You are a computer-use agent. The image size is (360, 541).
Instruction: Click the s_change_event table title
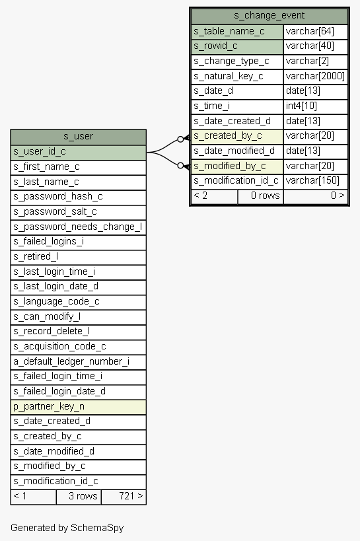[x=270, y=16]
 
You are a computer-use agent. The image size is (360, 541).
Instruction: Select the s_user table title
[x=79, y=136]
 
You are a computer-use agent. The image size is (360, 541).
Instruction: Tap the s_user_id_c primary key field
[x=79, y=152]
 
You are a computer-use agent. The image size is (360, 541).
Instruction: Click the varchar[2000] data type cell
[x=315, y=76]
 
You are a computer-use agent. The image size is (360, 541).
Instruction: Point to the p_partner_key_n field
[x=79, y=407]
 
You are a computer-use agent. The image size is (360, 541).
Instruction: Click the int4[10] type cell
[x=315, y=106]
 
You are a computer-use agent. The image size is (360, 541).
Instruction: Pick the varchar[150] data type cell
[x=315, y=181]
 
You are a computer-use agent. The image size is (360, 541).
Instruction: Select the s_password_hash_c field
[x=79, y=197]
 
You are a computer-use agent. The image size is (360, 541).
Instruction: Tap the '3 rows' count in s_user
[x=83, y=496]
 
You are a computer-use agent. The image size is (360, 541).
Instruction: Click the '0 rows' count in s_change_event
[x=265, y=196]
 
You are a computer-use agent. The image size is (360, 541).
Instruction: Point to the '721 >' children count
[x=131, y=496]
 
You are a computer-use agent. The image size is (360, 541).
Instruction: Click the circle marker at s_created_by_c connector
[x=180, y=139]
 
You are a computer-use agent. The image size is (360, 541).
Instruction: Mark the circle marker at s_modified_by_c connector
[x=180, y=166]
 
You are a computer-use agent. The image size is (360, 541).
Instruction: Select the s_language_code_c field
[x=79, y=302]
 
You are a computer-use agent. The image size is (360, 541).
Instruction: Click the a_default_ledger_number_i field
[x=79, y=361]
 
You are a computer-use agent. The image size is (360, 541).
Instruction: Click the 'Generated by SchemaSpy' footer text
[x=67, y=528]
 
